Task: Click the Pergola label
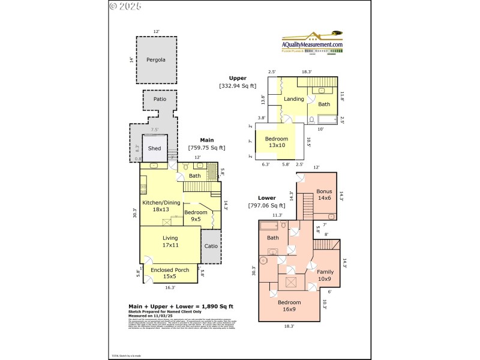(156, 60)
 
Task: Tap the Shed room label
(154, 148)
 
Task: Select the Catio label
(211, 246)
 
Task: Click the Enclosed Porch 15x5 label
(170, 274)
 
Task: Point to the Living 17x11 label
(170, 241)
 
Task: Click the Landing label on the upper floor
(293, 99)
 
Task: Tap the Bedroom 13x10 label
(277, 142)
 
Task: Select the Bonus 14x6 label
(324, 195)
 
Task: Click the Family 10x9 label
(325, 275)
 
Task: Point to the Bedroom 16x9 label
(289, 306)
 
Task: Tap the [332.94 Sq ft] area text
(238, 86)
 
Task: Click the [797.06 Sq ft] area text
(267, 206)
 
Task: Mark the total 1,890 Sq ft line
(181, 307)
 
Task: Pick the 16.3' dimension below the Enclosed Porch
(170, 287)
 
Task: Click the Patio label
(159, 98)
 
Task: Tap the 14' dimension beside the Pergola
(130, 60)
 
